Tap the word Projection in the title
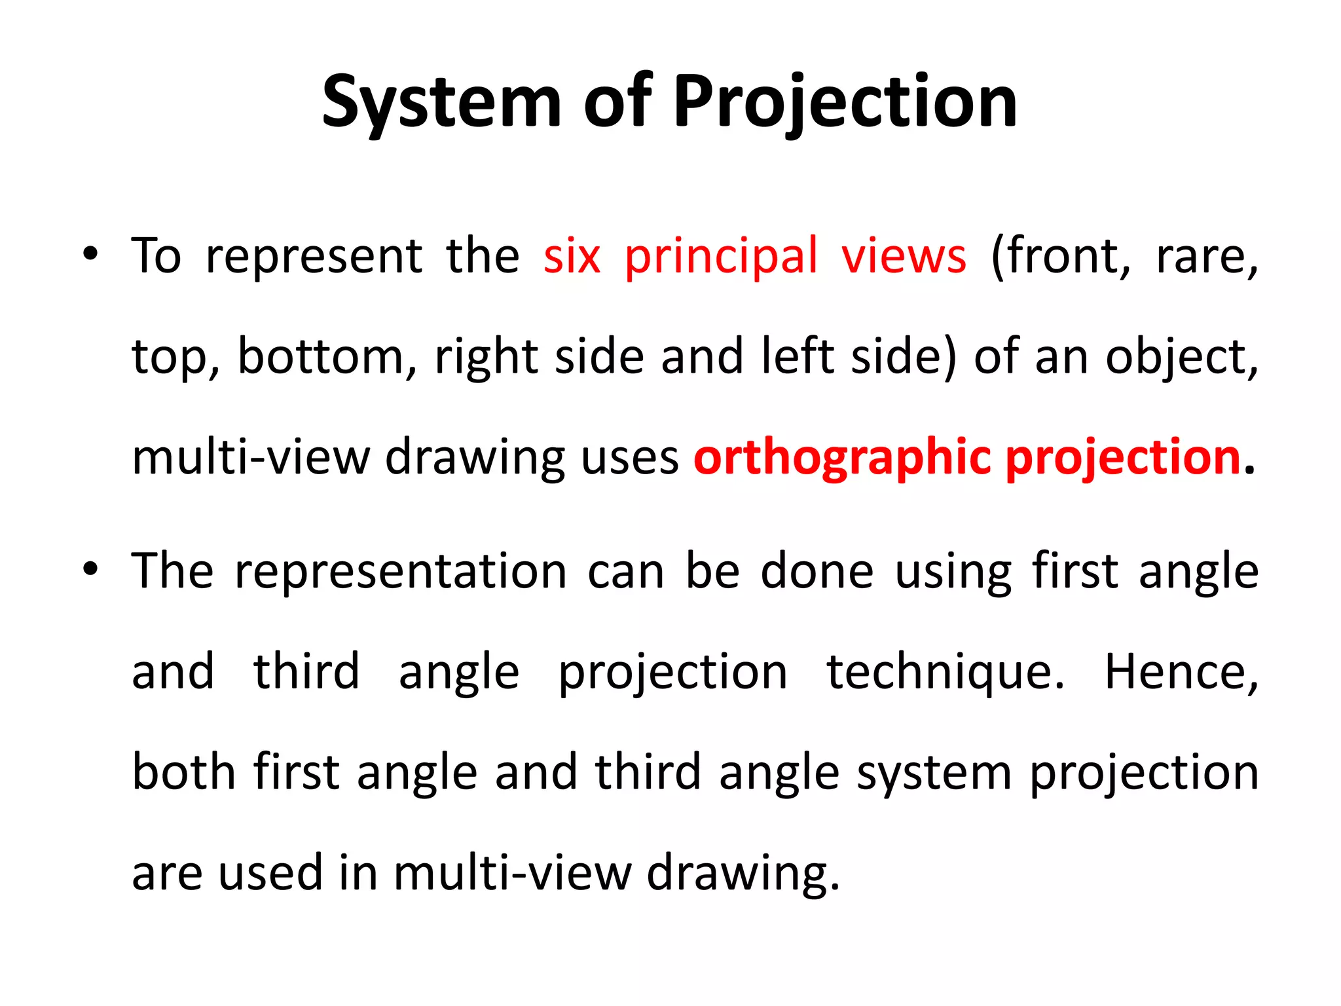[x=845, y=102]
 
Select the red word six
[x=571, y=256]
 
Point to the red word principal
[x=721, y=256]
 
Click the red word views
[x=904, y=256]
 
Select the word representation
[x=401, y=571]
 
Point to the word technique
[x=946, y=672]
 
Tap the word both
[x=183, y=772]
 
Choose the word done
[x=817, y=571]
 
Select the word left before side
[x=798, y=357]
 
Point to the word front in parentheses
[x=1061, y=256]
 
